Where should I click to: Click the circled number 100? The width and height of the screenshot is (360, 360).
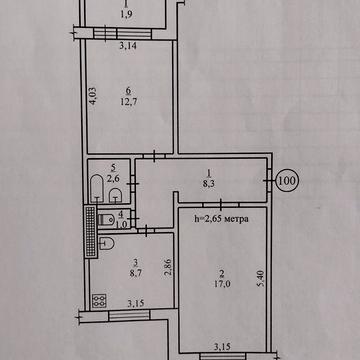[x=287, y=182]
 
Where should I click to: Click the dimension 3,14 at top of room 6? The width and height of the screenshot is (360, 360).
[x=127, y=46]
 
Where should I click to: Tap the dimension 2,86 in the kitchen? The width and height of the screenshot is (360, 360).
[x=168, y=268]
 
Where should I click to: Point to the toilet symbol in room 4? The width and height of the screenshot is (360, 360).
[x=103, y=219]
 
